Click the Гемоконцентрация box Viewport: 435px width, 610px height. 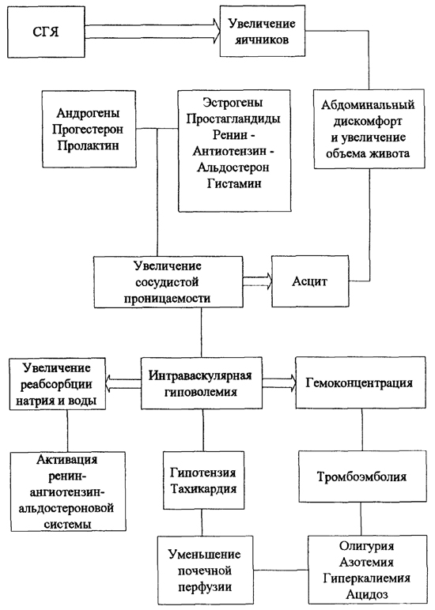(x=359, y=383)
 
